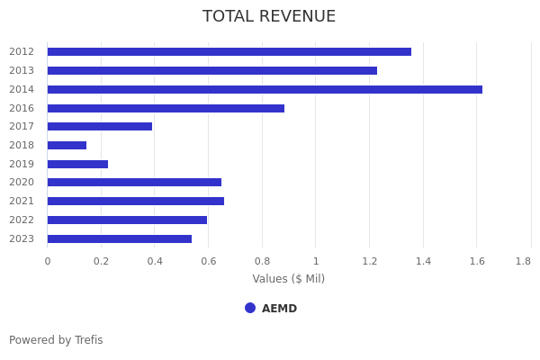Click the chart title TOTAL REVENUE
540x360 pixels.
click(x=269, y=17)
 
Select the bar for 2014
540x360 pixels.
click(x=265, y=89)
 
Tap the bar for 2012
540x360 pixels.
click(x=229, y=51)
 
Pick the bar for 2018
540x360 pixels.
click(x=67, y=145)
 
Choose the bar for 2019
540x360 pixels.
click(x=77, y=164)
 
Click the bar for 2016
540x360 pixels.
click(x=166, y=108)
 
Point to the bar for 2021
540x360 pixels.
click(x=136, y=201)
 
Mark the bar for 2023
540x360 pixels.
click(x=120, y=238)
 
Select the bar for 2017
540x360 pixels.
click(x=100, y=126)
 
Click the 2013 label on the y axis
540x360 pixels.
click(x=22, y=70)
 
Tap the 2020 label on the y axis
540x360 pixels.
click(x=22, y=183)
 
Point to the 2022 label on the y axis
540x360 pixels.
click(x=22, y=220)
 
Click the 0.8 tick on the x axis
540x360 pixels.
click(x=262, y=261)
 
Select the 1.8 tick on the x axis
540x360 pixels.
click(x=523, y=261)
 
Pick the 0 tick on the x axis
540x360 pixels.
click(x=48, y=261)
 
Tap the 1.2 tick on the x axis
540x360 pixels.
click(x=370, y=261)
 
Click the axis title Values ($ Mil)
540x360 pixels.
click(x=289, y=279)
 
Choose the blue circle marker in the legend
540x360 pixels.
click(x=250, y=308)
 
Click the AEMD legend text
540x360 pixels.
click(x=279, y=309)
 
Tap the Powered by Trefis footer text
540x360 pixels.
click(x=56, y=340)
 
